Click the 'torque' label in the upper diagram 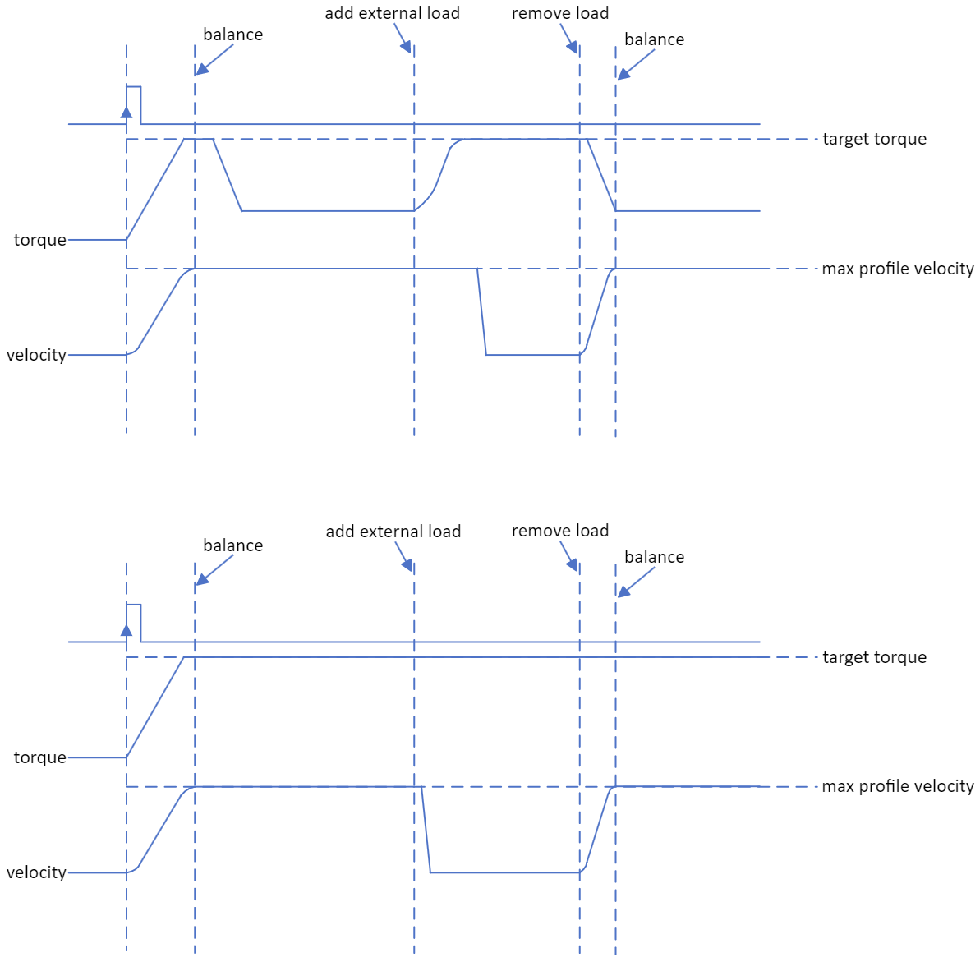tap(39, 240)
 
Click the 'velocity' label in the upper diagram tap(36, 355)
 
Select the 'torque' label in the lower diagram tap(39, 757)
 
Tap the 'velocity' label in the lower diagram tap(36, 872)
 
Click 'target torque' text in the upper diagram tap(874, 139)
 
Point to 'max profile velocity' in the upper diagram tap(897, 269)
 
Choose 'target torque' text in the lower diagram tap(874, 657)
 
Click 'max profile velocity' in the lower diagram tap(897, 786)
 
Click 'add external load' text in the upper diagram tap(392, 13)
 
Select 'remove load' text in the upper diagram tap(560, 13)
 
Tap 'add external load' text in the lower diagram tap(393, 532)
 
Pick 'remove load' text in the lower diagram tap(560, 531)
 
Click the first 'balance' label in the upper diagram tap(232, 35)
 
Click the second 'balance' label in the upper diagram tap(654, 39)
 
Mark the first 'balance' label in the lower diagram tap(232, 545)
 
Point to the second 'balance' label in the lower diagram tap(654, 557)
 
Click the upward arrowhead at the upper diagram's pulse tap(127, 112)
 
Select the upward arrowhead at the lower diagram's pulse tap(127, 630)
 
